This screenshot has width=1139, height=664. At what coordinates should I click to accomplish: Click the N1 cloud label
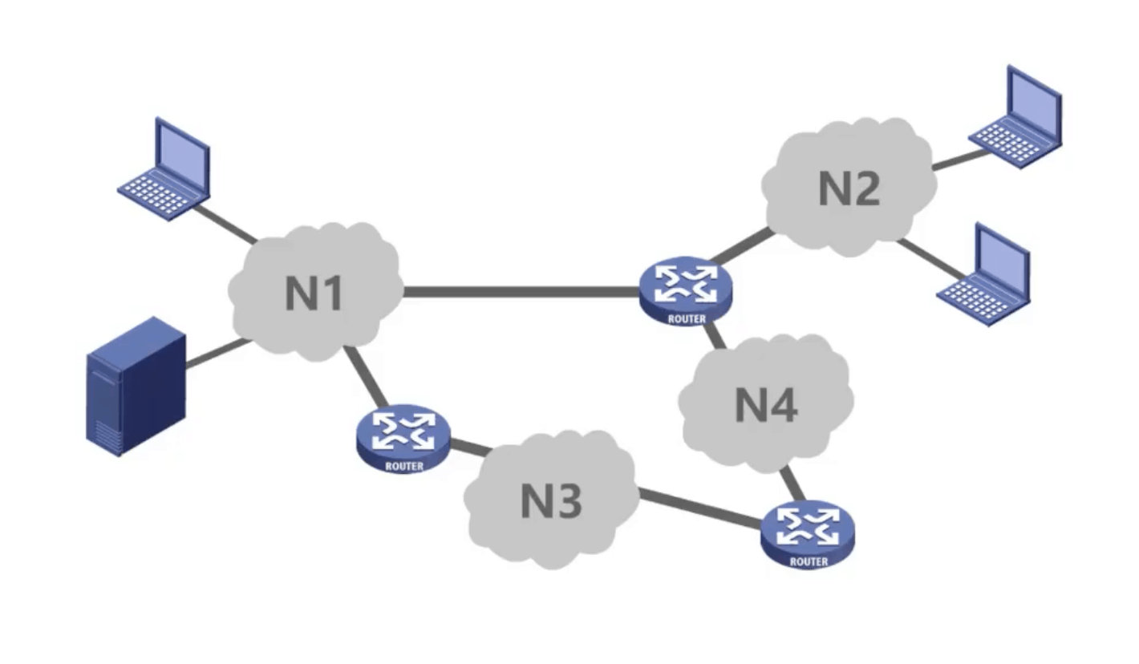[x=314, y=293]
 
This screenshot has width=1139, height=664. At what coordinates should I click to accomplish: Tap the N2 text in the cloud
[x=849, y=189]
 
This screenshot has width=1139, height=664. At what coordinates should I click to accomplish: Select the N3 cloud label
[x=550, y=501]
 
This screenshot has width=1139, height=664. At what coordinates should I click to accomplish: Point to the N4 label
[x=766, y=405]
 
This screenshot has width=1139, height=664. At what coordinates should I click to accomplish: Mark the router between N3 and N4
[x=808, y=531]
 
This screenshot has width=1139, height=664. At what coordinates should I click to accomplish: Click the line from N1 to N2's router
[x=521, y=292]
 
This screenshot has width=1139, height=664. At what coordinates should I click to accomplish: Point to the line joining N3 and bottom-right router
[x=698, y=510]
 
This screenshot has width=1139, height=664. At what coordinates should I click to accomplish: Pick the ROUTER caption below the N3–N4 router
[x=809, y=561]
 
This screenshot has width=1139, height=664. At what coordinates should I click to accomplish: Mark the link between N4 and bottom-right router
[x=792, y=484]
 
